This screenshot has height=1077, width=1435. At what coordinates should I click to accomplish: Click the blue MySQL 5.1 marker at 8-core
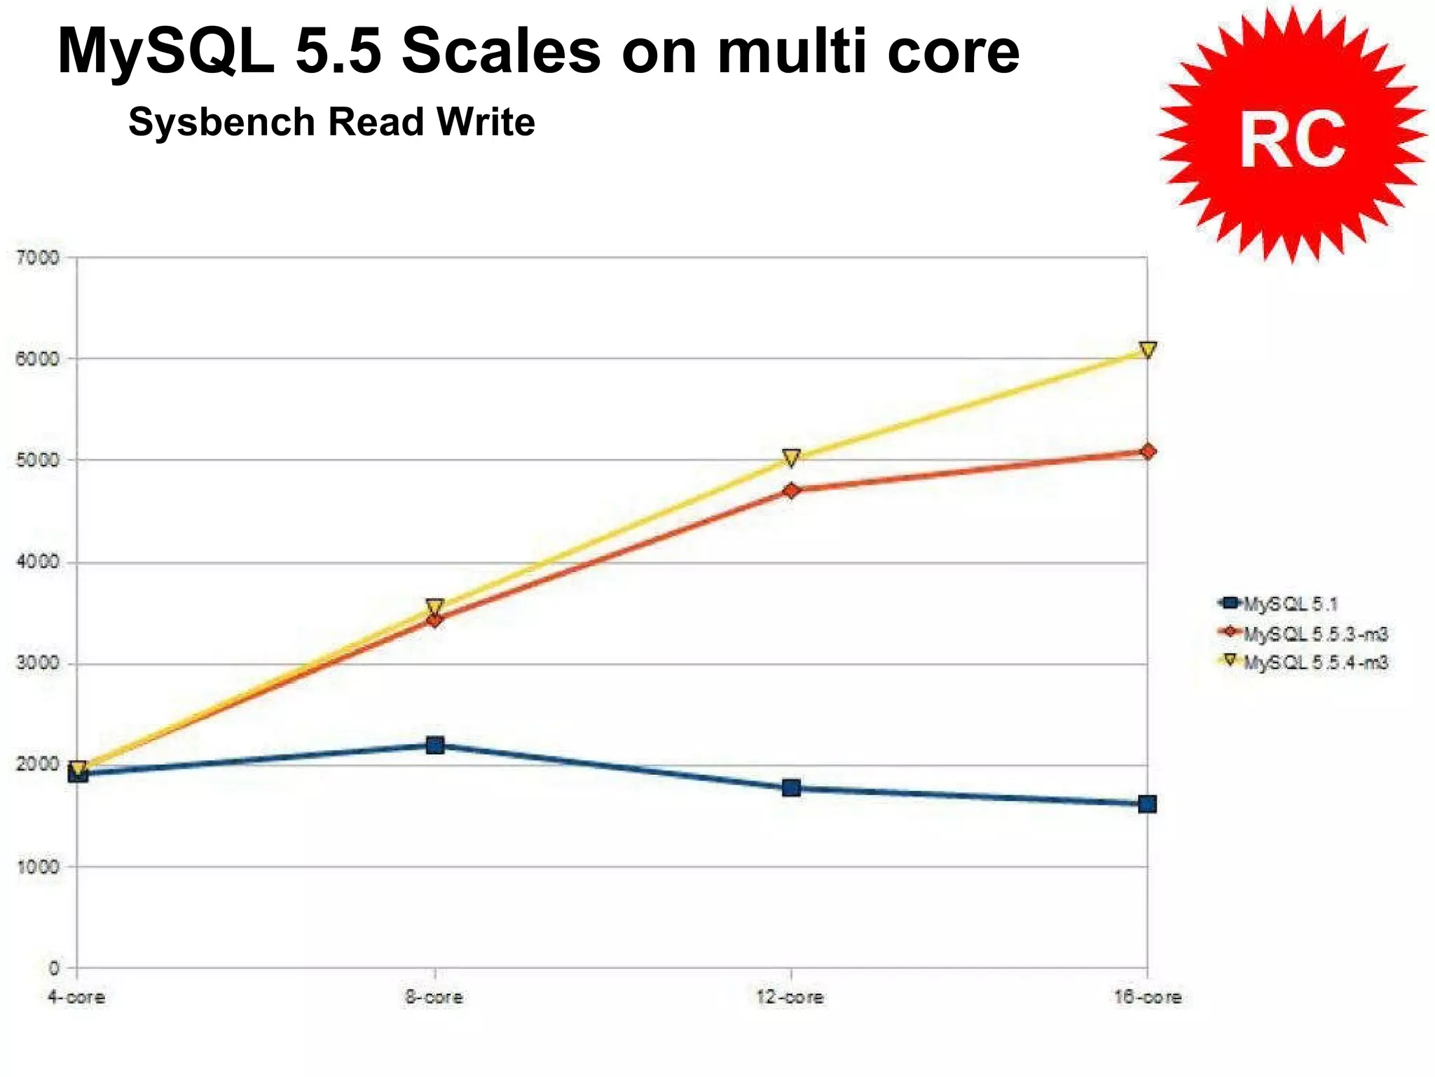434,745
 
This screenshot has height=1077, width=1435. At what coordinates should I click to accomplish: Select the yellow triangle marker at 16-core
1147,349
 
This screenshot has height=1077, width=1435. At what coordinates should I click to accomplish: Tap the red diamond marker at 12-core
791,490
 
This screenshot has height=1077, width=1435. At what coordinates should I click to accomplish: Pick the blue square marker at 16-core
1147,804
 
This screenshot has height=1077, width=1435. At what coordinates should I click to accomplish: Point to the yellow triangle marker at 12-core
791,458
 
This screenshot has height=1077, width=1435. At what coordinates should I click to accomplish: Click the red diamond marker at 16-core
1147,451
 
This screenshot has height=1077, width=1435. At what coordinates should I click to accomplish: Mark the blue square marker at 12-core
791,787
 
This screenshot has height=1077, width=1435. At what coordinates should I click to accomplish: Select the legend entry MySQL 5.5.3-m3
1314,634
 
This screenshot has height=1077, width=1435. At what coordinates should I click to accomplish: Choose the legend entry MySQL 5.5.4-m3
1314,663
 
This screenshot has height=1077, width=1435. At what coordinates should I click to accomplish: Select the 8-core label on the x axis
434,997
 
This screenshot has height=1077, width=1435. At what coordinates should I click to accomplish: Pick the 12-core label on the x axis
790,997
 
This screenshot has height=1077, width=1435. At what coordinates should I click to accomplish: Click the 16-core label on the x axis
1148,997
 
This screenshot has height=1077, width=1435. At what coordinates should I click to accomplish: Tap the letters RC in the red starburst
1292,140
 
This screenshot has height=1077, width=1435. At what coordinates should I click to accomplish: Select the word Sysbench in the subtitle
221,122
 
